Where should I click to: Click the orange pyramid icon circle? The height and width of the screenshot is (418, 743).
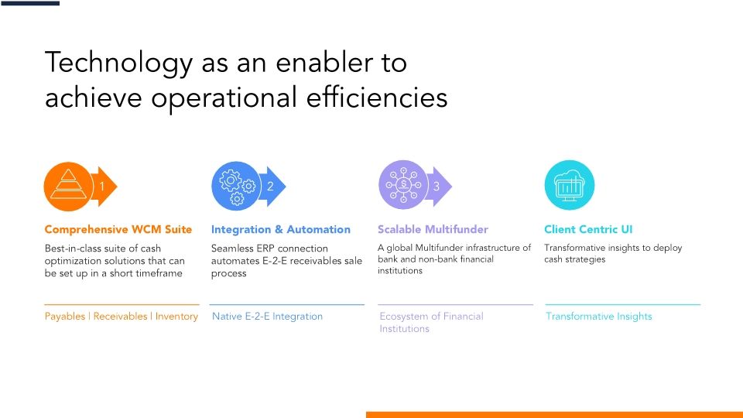click(x=70, y=186)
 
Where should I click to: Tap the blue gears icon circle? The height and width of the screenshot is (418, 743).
click(x=236, y=186)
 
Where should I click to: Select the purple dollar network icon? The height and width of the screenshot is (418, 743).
click(x=403, y=186)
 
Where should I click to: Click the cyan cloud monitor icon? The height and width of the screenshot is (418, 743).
click(x=570, y=186)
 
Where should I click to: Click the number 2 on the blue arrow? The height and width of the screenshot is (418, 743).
click(x=270, y=187)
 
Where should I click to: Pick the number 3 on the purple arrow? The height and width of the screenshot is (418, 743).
click(x=437, y=187)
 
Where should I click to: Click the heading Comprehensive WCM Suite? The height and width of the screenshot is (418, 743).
click(x=118, y=229)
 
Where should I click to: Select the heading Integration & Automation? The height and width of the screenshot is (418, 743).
click(x=280, y=229)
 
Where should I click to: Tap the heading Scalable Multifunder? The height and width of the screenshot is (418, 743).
click(x=433, y=229)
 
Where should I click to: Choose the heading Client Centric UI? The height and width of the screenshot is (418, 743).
click(x=588, y=229)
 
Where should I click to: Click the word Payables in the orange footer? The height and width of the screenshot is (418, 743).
click(x=65, y=317)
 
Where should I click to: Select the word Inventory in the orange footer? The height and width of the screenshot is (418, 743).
click(x=176, y=317)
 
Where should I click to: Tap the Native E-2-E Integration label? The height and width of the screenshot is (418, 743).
click(x=267, y=317)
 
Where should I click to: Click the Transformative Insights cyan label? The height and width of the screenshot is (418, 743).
click(x=598, y=317)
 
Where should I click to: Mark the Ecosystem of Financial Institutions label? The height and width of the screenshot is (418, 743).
click(x=431, y=322)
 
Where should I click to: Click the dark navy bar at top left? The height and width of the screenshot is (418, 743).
click(x=29, y=3)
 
